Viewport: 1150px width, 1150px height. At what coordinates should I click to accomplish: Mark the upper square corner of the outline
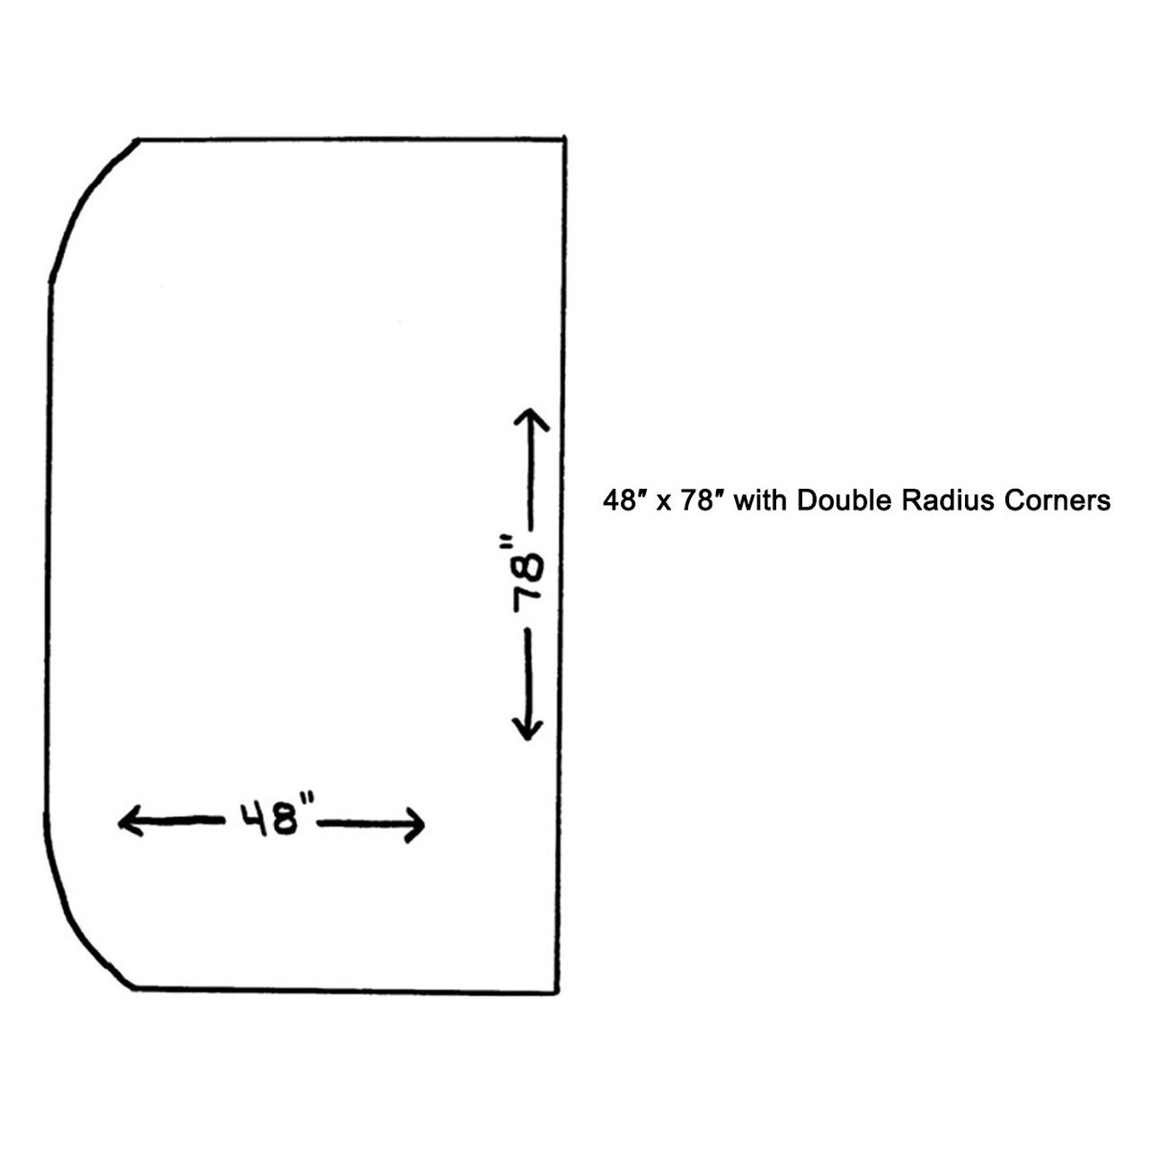(563, 139)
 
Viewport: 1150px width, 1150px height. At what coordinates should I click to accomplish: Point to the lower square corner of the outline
(558, 992)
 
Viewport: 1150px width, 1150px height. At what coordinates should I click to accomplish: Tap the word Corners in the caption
(1057, 500)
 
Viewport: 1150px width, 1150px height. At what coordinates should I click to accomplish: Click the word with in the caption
(760, 500)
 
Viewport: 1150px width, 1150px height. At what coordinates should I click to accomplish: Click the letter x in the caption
(663, 502)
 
